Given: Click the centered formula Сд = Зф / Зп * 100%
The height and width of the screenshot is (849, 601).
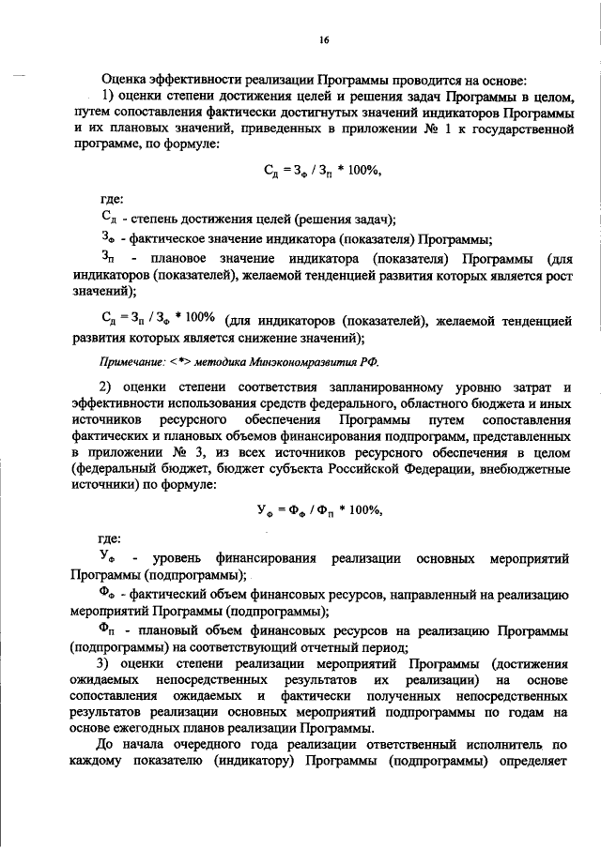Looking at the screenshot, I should pyautogui.click(x=321, y=172).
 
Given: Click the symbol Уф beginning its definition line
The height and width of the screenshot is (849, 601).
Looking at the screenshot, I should pyautogui.click(x=108, y=559).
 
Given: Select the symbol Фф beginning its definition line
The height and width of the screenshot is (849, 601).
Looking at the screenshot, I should pyautogui.click(x=108, y=595).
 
